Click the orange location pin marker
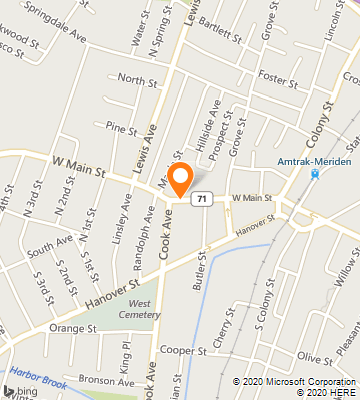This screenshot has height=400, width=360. pyautogui.click(x=181, y=178)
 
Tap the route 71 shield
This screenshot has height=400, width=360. pyautogui.click(x=202, y=199)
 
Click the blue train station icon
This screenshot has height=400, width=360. pyautogui.click(x=315, y=173)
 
